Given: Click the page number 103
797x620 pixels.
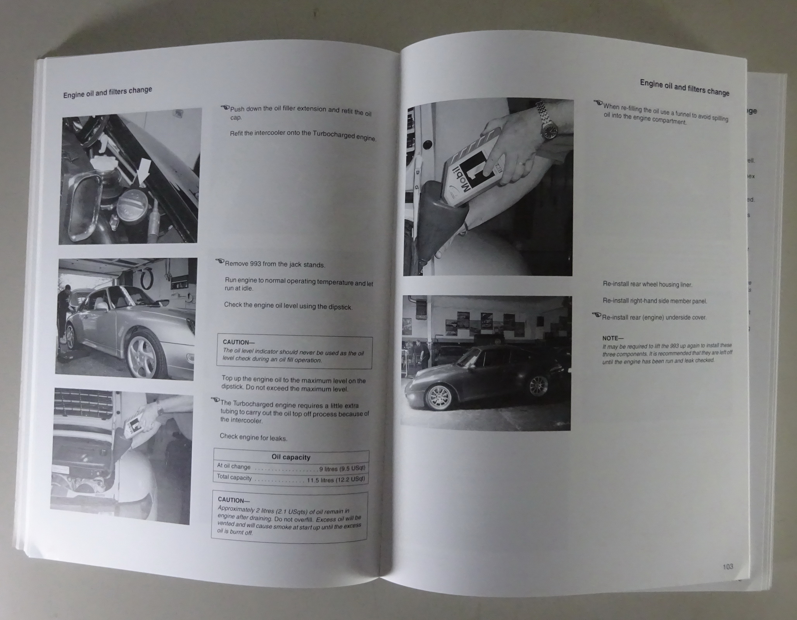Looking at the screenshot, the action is click(x=728, y=567).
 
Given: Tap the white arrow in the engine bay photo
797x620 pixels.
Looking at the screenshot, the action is click(x=144, y=170).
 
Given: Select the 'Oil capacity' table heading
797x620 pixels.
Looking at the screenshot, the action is click(x=291, y=457).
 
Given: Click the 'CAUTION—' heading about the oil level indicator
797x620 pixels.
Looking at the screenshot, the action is click(x=238, y=342).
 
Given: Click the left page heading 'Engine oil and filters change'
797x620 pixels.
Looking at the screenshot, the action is click(x=107, y=92).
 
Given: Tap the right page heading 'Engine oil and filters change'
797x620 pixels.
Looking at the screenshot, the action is click(x=685, y=88).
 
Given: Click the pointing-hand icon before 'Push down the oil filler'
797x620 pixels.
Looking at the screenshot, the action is click(x=225, y=107).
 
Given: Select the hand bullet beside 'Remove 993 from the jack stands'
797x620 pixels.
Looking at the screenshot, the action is click(x=220, y=261).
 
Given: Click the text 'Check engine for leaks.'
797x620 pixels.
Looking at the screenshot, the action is click(x=254, y=437).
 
